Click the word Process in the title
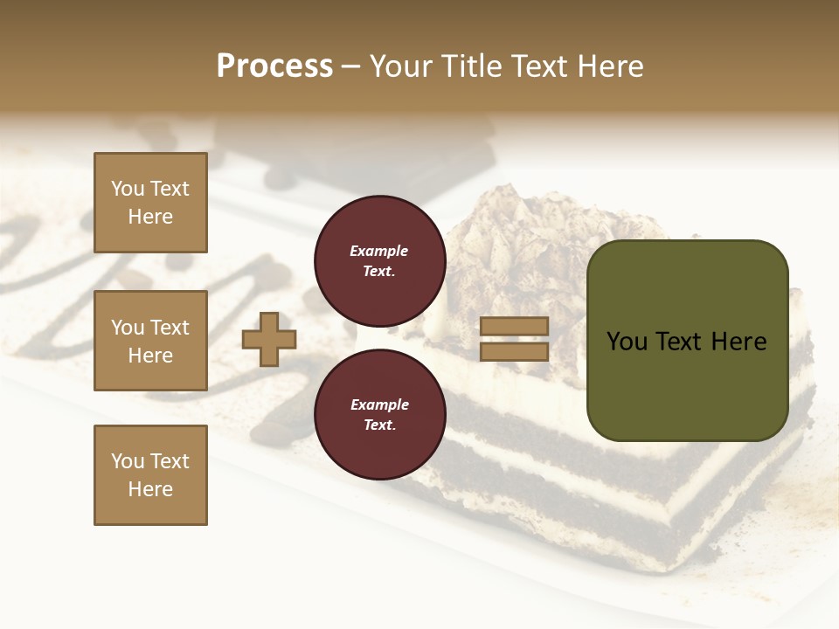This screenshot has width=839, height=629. [274, 66]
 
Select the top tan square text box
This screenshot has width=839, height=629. [150, 203]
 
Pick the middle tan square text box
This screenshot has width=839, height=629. [150, 341]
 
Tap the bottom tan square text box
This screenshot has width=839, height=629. [150, 475]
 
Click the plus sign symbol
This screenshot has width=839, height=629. [269, 339]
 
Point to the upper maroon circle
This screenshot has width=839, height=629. [379, 261]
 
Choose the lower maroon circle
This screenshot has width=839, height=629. [379, 415]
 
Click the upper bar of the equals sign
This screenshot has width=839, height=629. [514, 327]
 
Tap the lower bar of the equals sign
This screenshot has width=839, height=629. [514, 352]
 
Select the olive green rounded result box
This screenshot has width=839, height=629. [687, 341]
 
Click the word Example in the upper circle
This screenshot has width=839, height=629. [379, 251]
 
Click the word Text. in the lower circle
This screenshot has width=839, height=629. [379, 425]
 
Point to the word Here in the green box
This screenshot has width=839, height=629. [738, 342]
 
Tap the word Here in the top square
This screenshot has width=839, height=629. [150, 217]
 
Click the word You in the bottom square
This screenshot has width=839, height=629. [128, 461]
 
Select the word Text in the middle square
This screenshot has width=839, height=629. [170, 328]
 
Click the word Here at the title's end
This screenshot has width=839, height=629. [609, 66]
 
